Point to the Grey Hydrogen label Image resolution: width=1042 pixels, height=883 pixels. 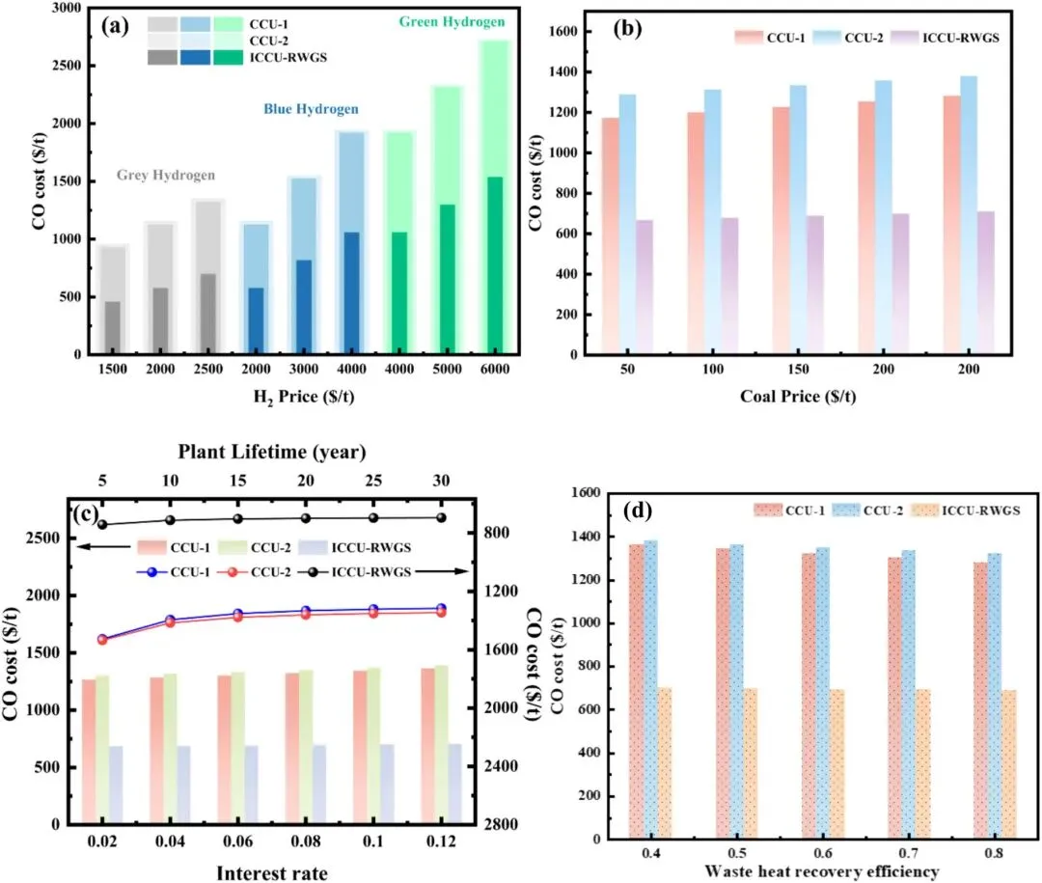(x=166, y=176)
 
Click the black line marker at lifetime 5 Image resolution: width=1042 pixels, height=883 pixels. (x=102, y=525)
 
